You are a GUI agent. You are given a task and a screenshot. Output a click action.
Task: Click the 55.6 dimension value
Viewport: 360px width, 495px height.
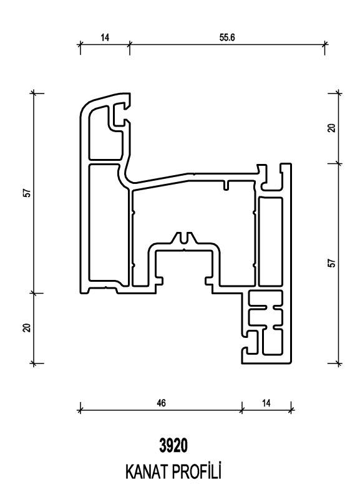pyautogui.click(x=227, y=37)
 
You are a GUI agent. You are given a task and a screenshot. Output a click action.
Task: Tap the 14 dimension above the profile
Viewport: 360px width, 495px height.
pyautogui.click(x=105, y=37)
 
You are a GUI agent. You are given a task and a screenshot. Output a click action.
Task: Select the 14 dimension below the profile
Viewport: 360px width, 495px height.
pyautogui.click(x=266, y=403)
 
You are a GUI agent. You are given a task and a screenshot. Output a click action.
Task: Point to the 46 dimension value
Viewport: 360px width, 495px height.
pyautogui.click(x=161, y=403)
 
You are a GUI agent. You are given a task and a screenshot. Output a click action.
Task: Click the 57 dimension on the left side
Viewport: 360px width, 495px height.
pyautogui.click(x=28, y=193)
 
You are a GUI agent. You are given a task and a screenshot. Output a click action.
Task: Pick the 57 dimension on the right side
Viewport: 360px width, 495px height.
pyautogui.click(x=331, y=263)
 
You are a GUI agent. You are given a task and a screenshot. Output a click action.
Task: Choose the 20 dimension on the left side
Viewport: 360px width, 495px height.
pyautogui.click(x=28, y=328)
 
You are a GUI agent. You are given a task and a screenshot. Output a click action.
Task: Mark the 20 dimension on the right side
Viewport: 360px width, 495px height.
pyautogui.click(x=331, y=128)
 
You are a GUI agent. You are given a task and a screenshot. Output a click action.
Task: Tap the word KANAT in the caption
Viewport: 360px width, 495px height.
pyautogui.click(x=147, y=472)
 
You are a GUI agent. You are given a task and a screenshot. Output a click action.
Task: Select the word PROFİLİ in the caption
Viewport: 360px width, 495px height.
pyautogui.click(x=197, y=471)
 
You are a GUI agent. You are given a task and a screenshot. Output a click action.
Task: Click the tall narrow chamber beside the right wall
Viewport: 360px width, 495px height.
pyautogui.click(x=270, y=241)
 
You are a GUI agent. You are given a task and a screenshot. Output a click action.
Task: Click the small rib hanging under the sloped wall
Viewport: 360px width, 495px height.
pyautogui.click(x=226, y=186)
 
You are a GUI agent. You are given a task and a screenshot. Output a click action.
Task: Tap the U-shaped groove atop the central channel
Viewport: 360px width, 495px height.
pyautogui.click(x=184, y=239)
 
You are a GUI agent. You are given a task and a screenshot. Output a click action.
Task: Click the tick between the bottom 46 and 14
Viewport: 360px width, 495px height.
pyautogui.click(x=243, y=410)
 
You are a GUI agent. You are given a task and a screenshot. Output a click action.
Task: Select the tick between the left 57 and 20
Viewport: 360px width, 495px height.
pyautogui.click(x=34, y=293)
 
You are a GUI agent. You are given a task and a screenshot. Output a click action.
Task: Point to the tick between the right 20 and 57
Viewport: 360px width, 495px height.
pyautogui.click(x=339, y=163)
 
